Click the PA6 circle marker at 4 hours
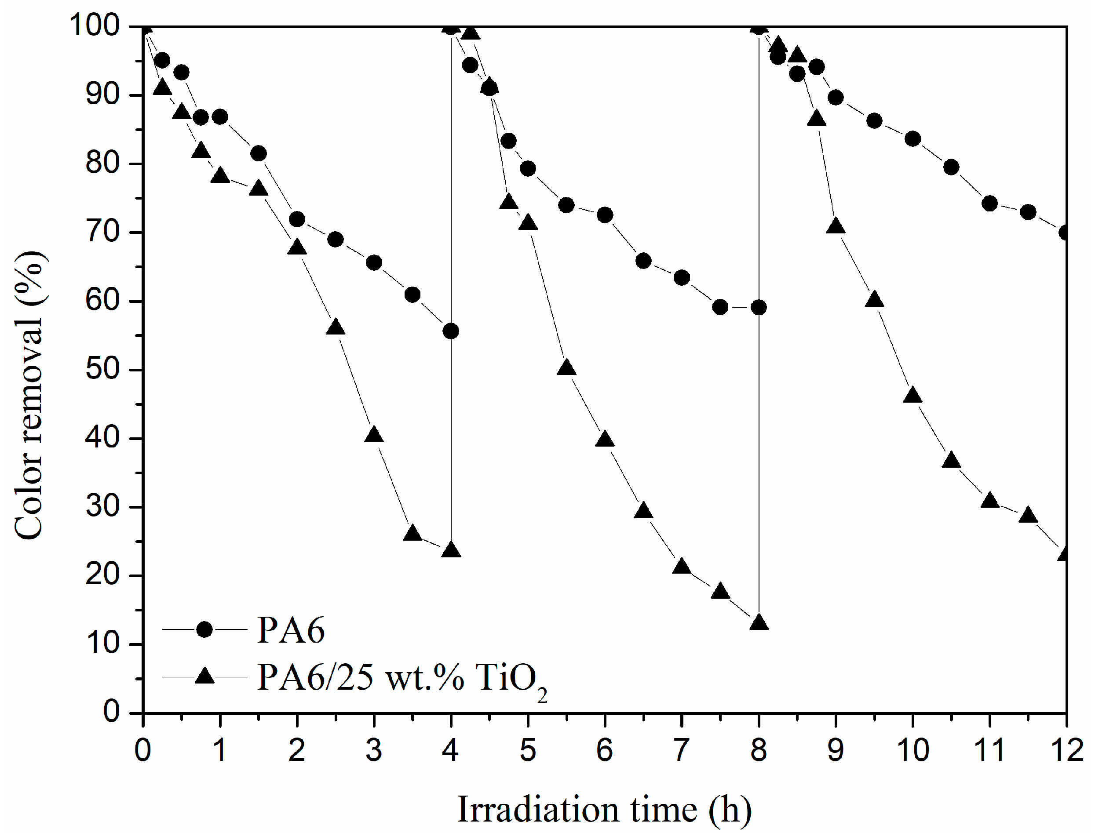pos(451,331)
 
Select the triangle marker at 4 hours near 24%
pos(451,550)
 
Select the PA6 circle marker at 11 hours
pos(990,204)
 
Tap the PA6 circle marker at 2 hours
pos(297,219)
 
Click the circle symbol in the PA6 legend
pos(204,629)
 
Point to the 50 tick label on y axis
pos(102,370)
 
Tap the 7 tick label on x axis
pos(681,750)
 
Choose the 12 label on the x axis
pos(1067,750)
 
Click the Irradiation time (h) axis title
pos(604,810)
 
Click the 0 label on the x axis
pos(143,750)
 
